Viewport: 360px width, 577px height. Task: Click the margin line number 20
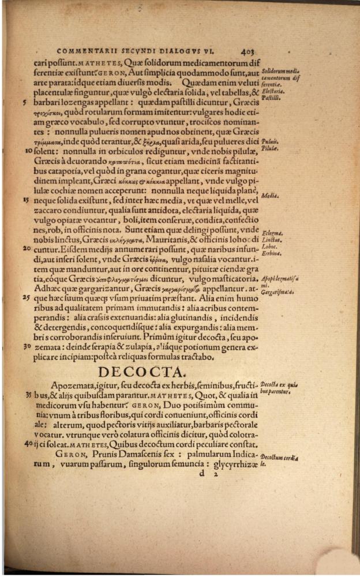coord(27,248)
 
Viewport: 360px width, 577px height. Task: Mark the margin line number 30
coord(27,347)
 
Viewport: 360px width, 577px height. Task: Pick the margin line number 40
coord(27,444)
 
